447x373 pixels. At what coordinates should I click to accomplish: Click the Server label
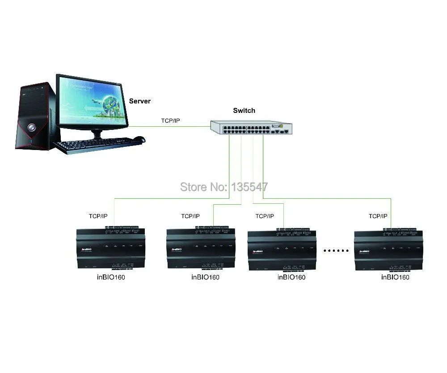(x=139, y=101)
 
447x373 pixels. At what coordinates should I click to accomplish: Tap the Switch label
(x=244, y=111)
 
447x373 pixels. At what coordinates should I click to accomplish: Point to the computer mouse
(x=139, y=140)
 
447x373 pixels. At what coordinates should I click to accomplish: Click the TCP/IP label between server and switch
(x=170, y=121)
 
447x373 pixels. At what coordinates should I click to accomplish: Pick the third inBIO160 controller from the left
(x=282, y=251)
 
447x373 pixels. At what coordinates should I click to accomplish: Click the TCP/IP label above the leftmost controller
(x=98, y=216)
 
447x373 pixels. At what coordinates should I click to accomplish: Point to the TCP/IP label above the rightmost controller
(x=378, y=216)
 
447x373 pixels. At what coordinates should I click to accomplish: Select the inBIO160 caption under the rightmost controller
(x=395, y=277)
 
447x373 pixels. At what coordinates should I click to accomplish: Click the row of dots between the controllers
(x=336, y=251)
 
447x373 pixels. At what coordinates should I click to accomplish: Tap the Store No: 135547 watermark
(x=223, y=186)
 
